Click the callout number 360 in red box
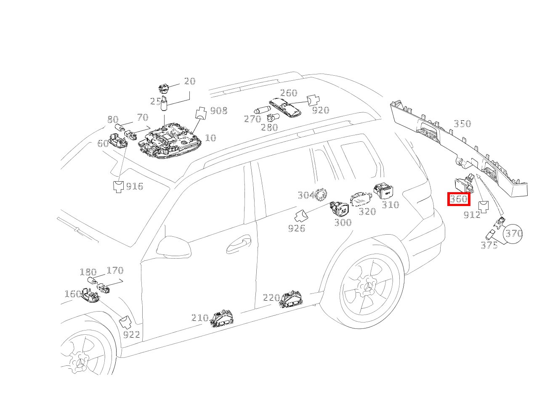(x=458, y=199)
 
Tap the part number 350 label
(x=462, y=124)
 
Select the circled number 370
(x=513, y=233)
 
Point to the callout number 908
(x=218, y=111)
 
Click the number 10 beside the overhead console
(x=210, y=138)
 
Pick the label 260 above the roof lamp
(x=289, y=93)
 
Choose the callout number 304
(x=306, y=195)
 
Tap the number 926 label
(x=296, y=228)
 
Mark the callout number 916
(x=135, y=186)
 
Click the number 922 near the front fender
(x=131, y=335)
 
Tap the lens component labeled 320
(x=361, y=199)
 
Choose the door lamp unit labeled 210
(x=221, y=319)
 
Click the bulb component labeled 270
(x=263, y=111)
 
